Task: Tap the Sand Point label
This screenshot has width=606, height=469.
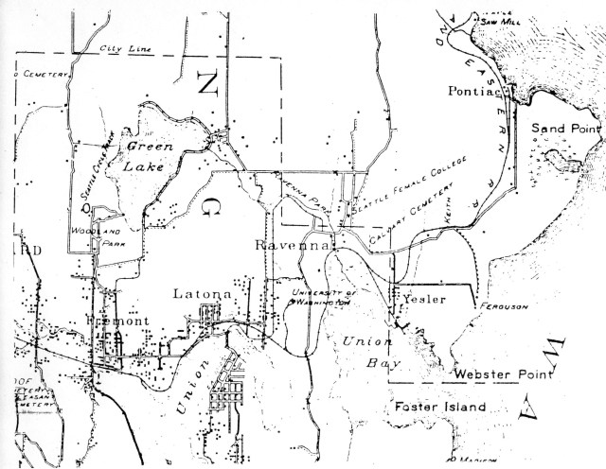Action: coord(560,127)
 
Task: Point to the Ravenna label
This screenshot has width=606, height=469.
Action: coord(291,246)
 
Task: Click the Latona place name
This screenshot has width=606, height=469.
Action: coord(202,295)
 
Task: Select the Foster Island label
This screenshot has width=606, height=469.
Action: coord(437,408)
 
